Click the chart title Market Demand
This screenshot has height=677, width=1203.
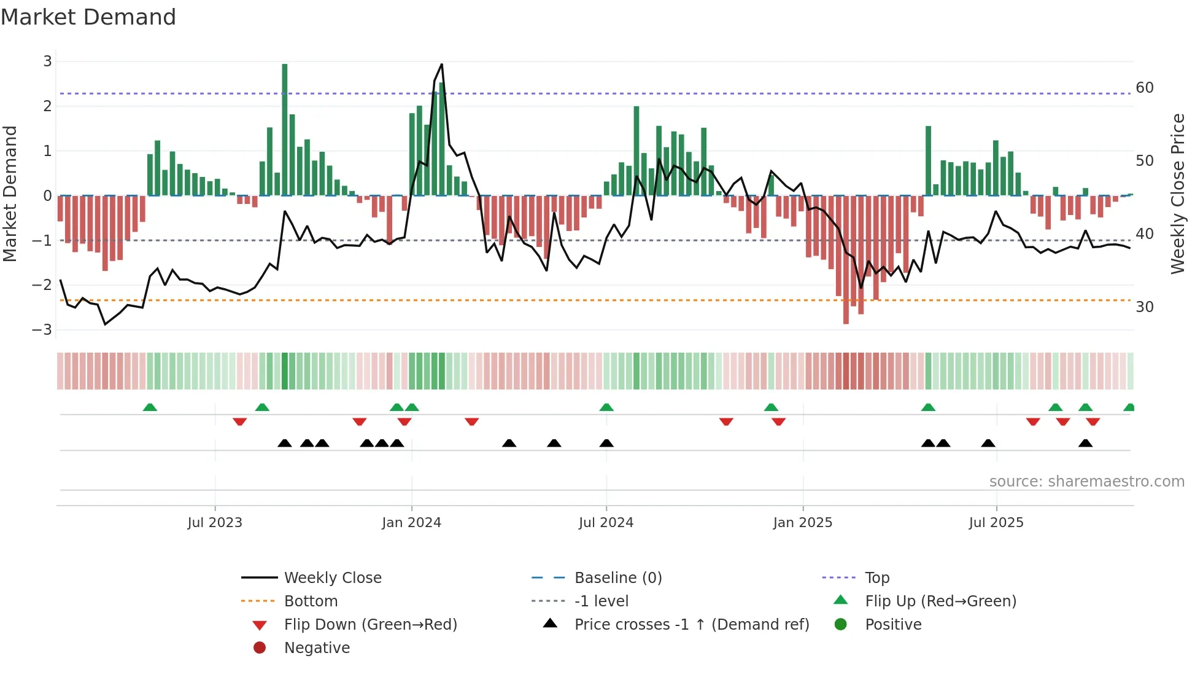[88, 17]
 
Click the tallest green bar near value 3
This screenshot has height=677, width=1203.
[285, 129]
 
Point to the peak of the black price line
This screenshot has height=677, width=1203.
[441, 65]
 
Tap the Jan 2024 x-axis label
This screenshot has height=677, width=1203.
[411, 523]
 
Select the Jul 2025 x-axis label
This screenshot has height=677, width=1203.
[996, 523]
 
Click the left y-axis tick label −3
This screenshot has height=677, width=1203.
[42, 330]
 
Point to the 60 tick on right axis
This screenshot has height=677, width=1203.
[1145, 88]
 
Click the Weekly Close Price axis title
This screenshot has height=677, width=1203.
[1177, 194]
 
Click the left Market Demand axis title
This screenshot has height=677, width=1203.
[10, 194]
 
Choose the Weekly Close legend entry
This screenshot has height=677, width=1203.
[332, 578]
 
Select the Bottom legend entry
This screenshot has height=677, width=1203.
[311, 601]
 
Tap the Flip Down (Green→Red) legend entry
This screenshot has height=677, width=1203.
[370, 625]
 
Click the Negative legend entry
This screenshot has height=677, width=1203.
[317, 648]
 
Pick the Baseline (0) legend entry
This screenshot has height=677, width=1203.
[617, 578]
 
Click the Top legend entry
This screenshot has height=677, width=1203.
[877, 578]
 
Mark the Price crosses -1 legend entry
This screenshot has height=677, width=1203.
[691, 625]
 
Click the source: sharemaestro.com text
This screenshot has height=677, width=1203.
[1086, 482]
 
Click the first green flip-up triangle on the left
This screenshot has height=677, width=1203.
[150, 407]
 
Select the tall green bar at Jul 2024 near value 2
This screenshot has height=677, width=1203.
[636, 151]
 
